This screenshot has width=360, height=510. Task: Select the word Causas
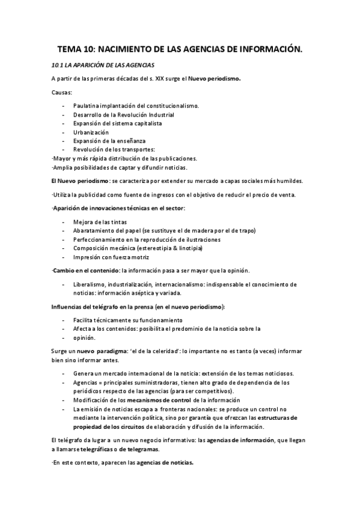coord(62,92)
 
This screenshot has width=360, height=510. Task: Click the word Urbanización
coord(91,132)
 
